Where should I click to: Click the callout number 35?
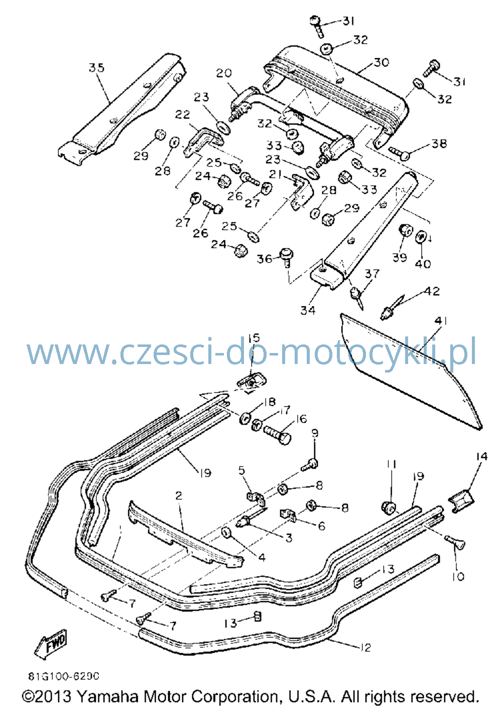96,68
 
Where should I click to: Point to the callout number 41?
440,321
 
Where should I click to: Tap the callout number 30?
381,62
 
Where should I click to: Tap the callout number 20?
224,73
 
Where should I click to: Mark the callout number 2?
179,496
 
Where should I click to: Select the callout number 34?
308,310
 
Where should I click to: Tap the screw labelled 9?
308,465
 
